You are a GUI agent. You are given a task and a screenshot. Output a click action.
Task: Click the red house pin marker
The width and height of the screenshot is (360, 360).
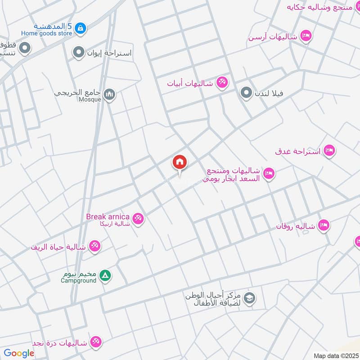[x=180, y=162]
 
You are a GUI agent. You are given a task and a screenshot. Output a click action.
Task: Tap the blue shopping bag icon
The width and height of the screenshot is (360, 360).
[x=80, y=28]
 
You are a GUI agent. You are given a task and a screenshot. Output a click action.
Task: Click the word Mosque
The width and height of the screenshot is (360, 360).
[x=90, y=99]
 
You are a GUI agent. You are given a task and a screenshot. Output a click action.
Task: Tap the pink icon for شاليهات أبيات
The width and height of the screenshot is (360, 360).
[x=222, y=82]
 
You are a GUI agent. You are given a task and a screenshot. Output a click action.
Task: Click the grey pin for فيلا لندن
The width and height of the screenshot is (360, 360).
[x=246, y=94]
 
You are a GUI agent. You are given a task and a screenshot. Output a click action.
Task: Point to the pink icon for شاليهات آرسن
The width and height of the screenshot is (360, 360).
[x=306, y=36]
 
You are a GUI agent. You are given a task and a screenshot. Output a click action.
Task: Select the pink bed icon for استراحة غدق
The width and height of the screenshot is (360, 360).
[x=330, y=150]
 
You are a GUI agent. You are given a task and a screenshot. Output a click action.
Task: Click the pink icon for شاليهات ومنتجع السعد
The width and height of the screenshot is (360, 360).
[x=269, y=173]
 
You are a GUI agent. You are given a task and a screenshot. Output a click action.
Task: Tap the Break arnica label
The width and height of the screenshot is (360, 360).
[x=108, y=217]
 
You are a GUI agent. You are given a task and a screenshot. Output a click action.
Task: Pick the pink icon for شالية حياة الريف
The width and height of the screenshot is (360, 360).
[x=95, y=246]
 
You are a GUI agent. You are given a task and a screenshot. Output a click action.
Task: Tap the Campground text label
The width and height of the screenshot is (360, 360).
[x=79, y=280]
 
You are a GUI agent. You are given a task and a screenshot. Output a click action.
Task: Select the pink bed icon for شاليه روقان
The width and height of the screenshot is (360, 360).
[x=323, y=225]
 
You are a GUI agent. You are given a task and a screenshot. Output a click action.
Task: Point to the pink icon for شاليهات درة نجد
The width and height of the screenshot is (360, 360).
[x=95, y=342]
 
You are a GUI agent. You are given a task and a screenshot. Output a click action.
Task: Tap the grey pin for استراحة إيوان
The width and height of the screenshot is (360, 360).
[x=79, y=53]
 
